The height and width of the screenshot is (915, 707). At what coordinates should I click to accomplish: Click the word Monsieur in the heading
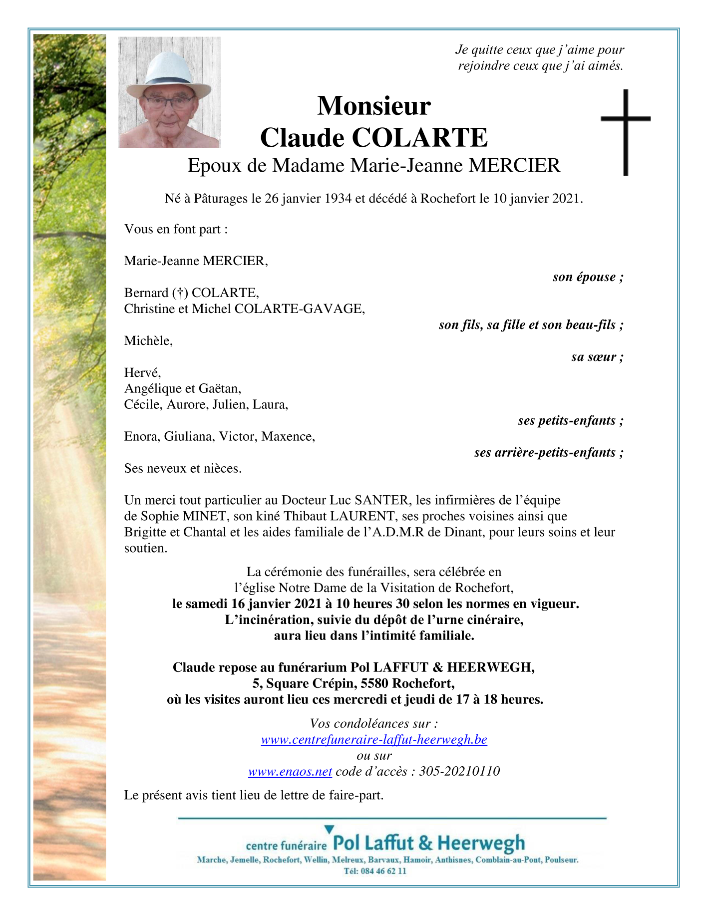click(x=373, y=106)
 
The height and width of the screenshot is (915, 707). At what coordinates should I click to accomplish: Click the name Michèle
click(x=148, y=341)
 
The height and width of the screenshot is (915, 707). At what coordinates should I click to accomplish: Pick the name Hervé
click(x=142, y=373)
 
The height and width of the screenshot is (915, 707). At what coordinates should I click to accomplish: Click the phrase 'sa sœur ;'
click(x=597, y=357)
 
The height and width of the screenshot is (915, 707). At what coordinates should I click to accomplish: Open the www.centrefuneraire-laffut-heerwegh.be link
click(x=374, y=740)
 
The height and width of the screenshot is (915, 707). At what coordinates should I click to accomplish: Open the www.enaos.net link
click(x=290, y=772)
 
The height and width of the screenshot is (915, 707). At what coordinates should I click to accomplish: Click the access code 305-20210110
click(x=459, y=772)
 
